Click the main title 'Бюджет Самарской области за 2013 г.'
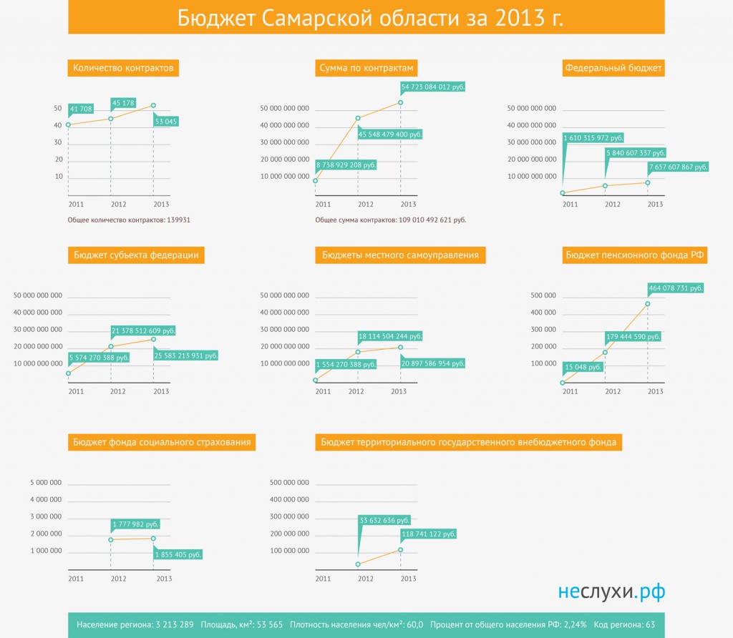370,18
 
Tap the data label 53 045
166,122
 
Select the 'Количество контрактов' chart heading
123,68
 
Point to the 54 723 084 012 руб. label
433,87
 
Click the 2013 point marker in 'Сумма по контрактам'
401,103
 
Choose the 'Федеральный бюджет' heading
613,68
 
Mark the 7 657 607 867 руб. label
678,167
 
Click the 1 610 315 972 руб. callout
593,138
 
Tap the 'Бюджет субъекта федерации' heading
136,255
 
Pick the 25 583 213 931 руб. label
186,355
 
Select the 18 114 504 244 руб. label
390,336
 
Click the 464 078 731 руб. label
676,288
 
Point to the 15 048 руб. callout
583,367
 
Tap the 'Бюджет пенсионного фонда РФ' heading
634,255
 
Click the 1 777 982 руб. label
135,524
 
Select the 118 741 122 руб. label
428,534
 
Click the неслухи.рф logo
611,592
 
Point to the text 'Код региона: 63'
624,624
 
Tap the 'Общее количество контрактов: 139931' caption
129,220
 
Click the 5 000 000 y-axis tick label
46,483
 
